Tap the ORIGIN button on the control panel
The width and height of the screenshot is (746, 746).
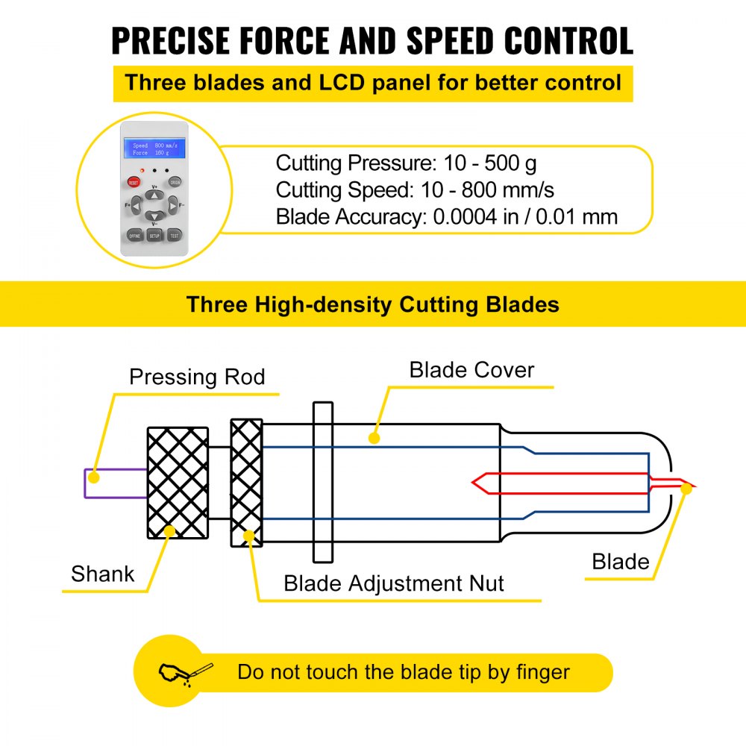click(x=175, y=181)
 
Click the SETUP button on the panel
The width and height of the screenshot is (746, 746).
click(x=154, y=235)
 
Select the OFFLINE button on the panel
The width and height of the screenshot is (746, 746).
click(x=134, y=235)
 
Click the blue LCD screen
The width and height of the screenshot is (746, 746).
click(x=154, y=148)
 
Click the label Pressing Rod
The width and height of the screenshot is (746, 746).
click(x=197, y=377)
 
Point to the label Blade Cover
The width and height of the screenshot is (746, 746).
click(x=471, y=370)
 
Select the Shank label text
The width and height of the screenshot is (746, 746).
click(x=103, y=574)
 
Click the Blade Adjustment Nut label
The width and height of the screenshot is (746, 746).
click(x=394, y=583)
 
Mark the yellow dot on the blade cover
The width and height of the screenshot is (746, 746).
click(x=374, y=437)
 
